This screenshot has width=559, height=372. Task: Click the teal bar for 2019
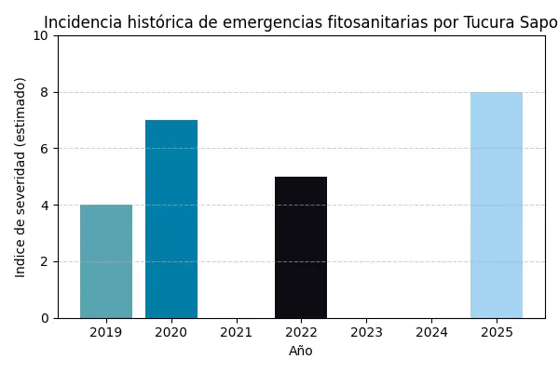point(106,261)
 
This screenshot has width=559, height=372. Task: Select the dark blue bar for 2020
point(171,219)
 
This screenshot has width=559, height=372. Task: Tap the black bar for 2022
point(301,247)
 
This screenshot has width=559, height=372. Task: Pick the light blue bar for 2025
point(497,205)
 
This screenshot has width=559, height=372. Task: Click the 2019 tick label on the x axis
point(106,332)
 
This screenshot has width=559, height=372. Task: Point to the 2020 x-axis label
point(171,332)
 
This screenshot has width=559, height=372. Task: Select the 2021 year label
point(237,332)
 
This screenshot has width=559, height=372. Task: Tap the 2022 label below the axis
point(301,332)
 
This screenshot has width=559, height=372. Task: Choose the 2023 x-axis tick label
point(366,332)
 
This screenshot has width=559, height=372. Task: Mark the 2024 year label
point(431,332)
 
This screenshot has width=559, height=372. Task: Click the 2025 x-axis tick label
point(497,332)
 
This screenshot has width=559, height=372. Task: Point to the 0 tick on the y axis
point(45,318)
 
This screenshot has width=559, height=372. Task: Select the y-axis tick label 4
point(45,205)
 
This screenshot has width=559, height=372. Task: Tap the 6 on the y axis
point(45,149)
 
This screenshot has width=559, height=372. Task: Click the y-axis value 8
point(45,92)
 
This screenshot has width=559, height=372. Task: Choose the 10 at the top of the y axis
point(41,35)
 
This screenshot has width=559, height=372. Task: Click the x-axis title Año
point(301,351)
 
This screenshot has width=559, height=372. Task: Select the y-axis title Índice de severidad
point(20,177)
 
